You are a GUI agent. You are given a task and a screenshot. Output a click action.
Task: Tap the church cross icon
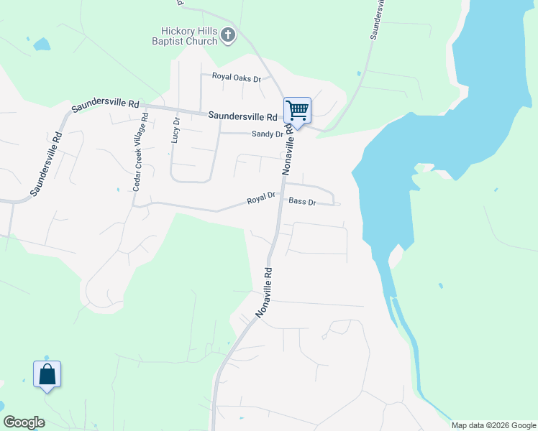point(228,35)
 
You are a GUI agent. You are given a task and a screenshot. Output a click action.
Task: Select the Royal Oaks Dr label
point(236,77)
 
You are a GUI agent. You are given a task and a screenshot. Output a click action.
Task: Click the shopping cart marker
point(297,111)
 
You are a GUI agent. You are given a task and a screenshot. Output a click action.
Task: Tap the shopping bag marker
point(47,374)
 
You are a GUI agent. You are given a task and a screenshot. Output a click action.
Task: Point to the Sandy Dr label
point(267,134)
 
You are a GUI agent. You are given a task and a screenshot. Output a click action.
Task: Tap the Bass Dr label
point(303,203)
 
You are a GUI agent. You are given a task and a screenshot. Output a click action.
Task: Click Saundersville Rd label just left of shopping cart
point(242,116)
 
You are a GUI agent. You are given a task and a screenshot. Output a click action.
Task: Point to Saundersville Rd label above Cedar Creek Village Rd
point(105,106)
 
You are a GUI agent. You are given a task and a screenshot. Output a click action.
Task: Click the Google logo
point(24,422)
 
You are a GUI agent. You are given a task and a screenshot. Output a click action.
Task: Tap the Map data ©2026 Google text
point(493,425)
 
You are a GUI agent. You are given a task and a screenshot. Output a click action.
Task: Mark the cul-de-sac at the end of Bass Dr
point(337,204)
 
